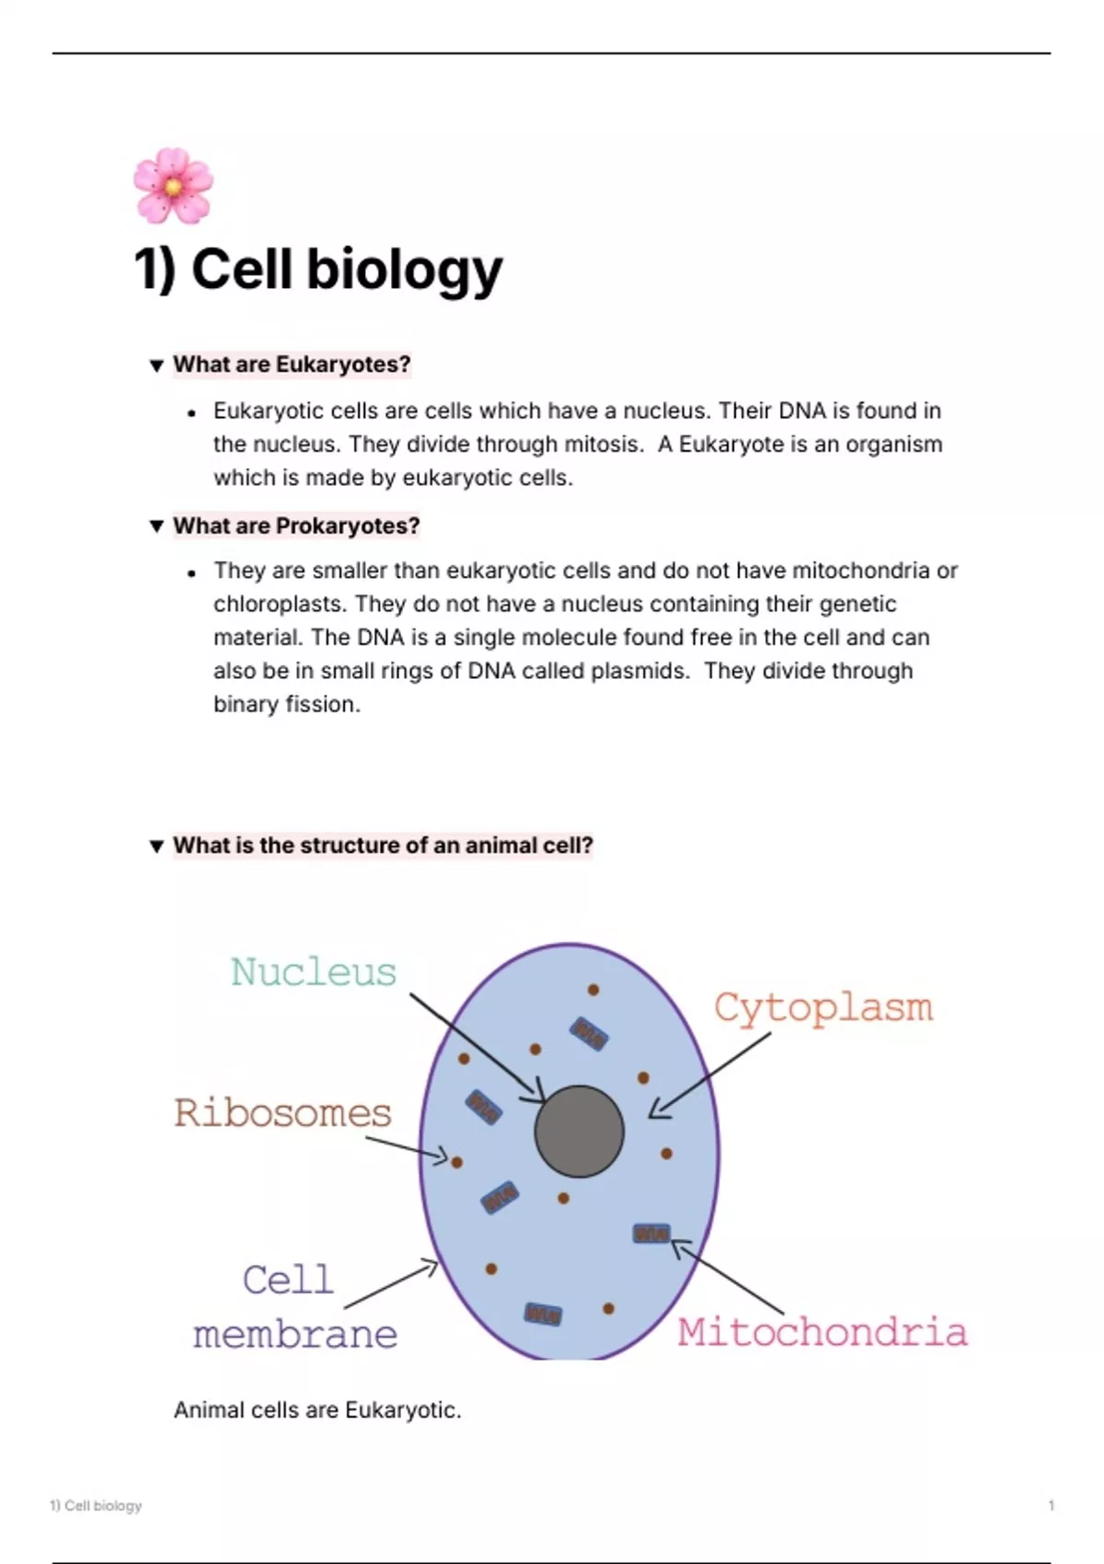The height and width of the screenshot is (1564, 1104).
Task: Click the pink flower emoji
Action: pyautogui.click(x=173, y=186)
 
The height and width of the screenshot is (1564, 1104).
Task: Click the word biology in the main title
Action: pyautogui.click(x=404, y=270)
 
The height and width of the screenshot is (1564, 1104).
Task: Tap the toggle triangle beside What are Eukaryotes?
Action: pyautogui.click(x=156, y=365)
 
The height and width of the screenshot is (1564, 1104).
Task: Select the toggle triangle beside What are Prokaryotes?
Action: pyautogui.click(x=156, y=525)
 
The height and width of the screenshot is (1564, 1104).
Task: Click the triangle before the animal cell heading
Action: pyautogui.click(x=156, y=846)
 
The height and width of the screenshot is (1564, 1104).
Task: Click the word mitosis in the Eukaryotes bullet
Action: pyautogui.click(x=604, y=444)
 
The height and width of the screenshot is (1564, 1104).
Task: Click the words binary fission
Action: pyautogui.click(x=287, y=705)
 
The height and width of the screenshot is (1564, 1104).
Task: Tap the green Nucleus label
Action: pyautogui.click(x=314, y=972)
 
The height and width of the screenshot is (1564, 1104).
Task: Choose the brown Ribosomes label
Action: pyautogui.click(x=282, y=1113)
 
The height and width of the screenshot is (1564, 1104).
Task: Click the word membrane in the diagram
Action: pyautogui.click(x=295, y=1335)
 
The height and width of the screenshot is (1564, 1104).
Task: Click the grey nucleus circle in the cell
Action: pyautogui.click(x=579, y=1131)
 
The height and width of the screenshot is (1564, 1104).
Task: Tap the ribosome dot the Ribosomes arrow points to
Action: pyautogui.click(x=456, y=1163)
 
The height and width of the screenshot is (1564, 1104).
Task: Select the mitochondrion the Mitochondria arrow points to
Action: pyautogui.click(x=651, y=1234)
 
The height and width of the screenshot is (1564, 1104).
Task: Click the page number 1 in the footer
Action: pyautogui.click(x=1051, y=1505)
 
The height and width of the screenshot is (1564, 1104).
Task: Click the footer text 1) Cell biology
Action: pyautogui.click(x=96, y=1505)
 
